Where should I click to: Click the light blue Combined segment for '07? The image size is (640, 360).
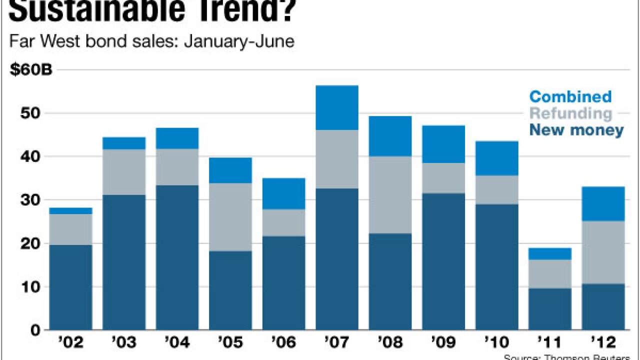pos(337,107)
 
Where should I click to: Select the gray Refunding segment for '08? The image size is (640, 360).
pos(390,195)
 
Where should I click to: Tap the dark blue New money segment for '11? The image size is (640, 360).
pos(549,309)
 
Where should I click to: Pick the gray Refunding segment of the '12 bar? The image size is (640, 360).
pos(602,252)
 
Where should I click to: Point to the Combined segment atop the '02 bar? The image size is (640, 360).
pos(70,211)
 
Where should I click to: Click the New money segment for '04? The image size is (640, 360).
pos(177,257)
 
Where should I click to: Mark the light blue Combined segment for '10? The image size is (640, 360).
pos(496,158)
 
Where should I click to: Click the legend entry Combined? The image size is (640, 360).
pos(570,96)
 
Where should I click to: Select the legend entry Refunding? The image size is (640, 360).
pos(570,113)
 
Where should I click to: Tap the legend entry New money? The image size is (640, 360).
pos(576,130)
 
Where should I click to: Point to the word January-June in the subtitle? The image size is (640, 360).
pos(239,41)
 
